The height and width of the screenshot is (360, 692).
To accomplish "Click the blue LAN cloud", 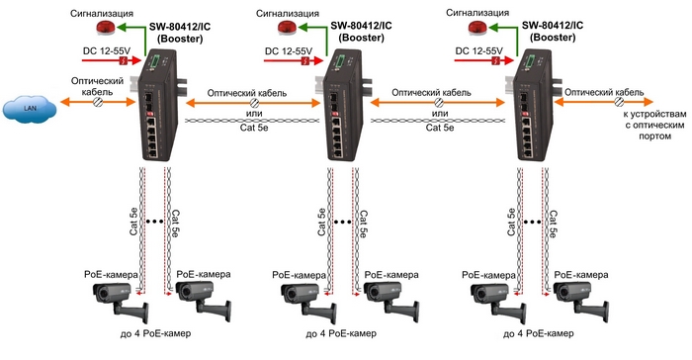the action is click(x=30, y=109).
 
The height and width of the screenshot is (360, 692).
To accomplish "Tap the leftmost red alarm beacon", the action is click(x=106, y=28).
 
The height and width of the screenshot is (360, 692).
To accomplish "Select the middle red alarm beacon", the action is click(x=288, y=28).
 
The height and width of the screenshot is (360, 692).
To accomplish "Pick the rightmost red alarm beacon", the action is click(x=477, y=28).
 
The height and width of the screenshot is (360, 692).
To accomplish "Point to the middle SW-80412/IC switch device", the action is click(x=342, y=105).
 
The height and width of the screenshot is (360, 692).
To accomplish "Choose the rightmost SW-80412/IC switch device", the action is click(x=533, y=105).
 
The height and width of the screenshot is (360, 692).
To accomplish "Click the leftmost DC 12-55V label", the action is click(x=107, y=50).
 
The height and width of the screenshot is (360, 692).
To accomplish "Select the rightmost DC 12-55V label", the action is click(x=478, y=50).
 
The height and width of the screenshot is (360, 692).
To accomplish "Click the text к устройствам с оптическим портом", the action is click(x=654, y=125).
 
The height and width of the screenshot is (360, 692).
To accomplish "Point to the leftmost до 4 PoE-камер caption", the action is click(x=155, y=333).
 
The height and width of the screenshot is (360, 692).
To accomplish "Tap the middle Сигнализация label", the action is click(x=288, y=13).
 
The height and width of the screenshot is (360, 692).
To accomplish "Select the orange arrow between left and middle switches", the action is click(x=253, y=104).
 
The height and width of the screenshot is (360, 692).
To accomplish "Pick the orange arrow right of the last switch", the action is click(x=604, y=102).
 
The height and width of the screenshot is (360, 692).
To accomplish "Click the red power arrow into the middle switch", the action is click(x=294, y=61).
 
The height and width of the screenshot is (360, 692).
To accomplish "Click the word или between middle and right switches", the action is click(x=440, y=114).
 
